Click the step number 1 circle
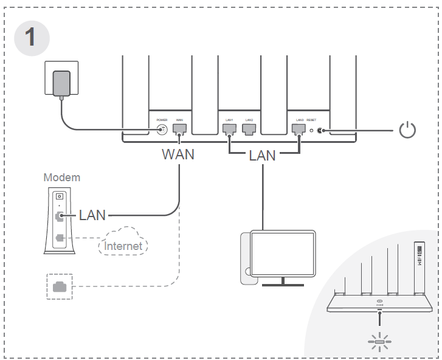[31, 37]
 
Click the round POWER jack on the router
[162, 130]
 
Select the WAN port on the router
[179, 129]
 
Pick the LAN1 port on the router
[229, 129]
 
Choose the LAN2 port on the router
[247, 129]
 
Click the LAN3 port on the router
[299, 129]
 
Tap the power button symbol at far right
[407, 130]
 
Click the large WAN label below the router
[178, 154]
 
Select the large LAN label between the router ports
[262, 155]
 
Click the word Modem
[61, 178]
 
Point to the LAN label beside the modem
[92, 215]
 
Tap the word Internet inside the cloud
[123, 246]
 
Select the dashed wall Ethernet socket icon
[60, 287]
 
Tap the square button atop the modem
[59, 196]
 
